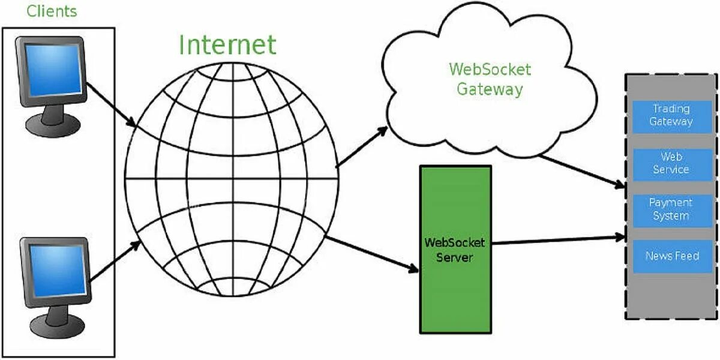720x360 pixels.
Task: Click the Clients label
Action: (x=52, y=11)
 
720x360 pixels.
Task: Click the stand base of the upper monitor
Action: (x=52, y=124)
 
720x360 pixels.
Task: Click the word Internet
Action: (x=227, y=45)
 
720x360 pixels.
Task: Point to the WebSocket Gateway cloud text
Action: (x=490, y=79)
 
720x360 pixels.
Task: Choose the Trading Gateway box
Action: (x=671, y=115)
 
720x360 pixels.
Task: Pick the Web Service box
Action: (x=671, y=163)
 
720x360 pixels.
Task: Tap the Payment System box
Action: (x=671, y=209)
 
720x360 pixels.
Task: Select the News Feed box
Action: (x=671, y=256)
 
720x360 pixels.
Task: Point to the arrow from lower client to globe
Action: (x=115, y=261)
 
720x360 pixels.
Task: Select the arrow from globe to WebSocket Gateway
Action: (x=362, y=146)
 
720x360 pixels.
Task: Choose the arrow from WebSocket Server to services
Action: (x=558, y=240)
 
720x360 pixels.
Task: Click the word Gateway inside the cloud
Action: (x=490, y=89)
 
